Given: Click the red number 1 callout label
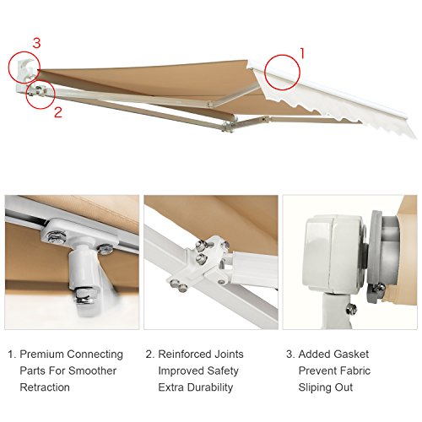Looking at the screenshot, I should (303, 51).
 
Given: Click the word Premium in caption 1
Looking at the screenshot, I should (46, 354).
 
